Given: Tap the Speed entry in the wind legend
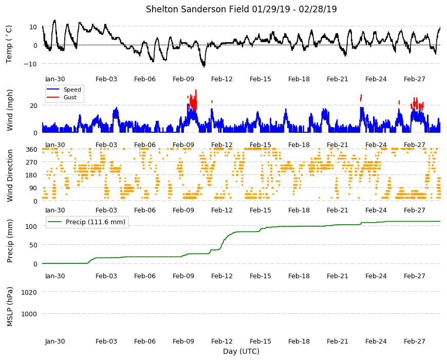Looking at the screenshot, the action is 72,89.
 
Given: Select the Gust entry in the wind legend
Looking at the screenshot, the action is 70,97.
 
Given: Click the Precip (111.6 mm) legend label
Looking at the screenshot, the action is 96,222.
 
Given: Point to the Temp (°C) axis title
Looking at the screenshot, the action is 9,44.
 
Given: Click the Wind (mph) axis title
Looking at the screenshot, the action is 10,110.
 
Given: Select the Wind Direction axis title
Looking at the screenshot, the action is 10,175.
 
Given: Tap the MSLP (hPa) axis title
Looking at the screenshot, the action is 10,306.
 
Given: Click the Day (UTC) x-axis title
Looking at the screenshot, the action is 241,351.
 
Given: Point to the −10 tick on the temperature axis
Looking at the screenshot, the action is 30,64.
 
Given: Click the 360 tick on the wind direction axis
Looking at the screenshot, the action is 31,150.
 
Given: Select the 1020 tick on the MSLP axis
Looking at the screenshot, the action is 29,292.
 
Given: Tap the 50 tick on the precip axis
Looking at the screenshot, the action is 33,245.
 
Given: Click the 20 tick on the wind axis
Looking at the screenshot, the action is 33,105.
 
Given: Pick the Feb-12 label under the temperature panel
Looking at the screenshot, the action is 222,79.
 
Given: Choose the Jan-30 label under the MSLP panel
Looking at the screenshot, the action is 55,341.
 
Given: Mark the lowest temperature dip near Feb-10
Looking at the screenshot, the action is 204,66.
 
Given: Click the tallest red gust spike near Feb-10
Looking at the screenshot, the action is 196,90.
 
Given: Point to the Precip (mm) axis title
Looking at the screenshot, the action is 10,241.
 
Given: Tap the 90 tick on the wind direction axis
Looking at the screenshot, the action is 33,188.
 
